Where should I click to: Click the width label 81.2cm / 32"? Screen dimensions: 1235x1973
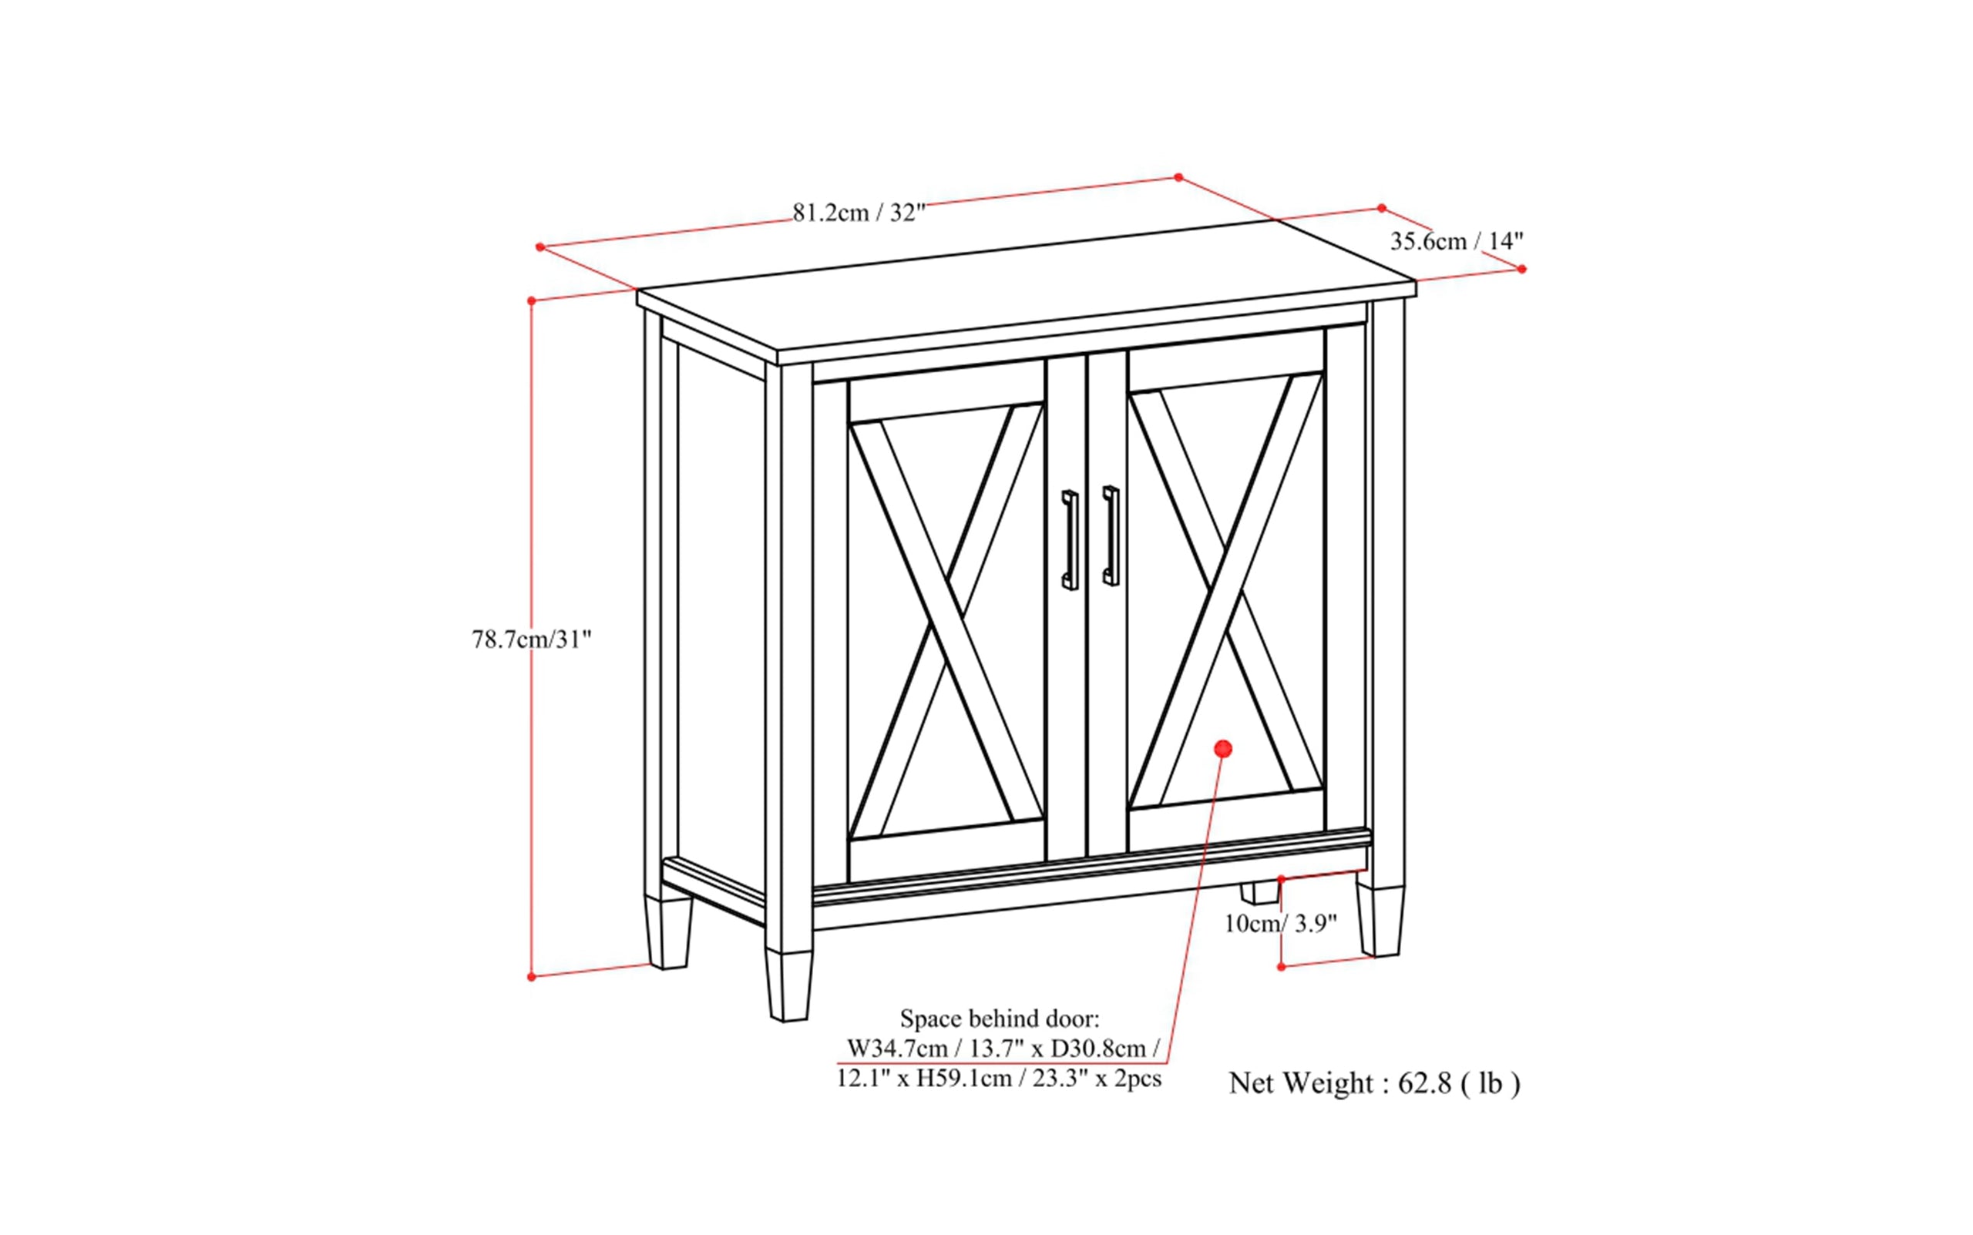pyautogui.click(x=859, y=213)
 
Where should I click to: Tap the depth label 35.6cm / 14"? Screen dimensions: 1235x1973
pyautogui.click(x=1457, y=241)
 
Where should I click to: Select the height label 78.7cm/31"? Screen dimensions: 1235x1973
pyautogui.click(x=531, y=639)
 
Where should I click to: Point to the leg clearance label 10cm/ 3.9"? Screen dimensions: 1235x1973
pyautogui.click(x=1280, y=924)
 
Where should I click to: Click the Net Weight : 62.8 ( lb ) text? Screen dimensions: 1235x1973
pyautogui.click(x=1374, y=1083)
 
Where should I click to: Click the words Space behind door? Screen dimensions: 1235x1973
pyautogui.click(x=1000, y=1019)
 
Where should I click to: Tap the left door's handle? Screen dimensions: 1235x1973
pyautogui.click(x=1070, y=540)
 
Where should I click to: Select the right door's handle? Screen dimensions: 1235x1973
pyautogui.click(x=1111, y=535)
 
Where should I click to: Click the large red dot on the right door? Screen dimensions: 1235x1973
pyautogui.click(x=1223, y=748)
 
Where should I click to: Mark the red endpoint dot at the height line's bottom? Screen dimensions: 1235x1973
pyautogui.click(x=531, y=976)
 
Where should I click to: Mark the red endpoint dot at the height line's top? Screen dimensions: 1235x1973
pyautogui.click(x=531, y=300)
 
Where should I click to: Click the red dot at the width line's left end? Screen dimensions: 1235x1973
pyautogui.click(x=540, y=247)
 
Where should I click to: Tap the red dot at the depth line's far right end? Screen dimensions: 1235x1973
pyautogui.click(x=1521, y=269)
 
